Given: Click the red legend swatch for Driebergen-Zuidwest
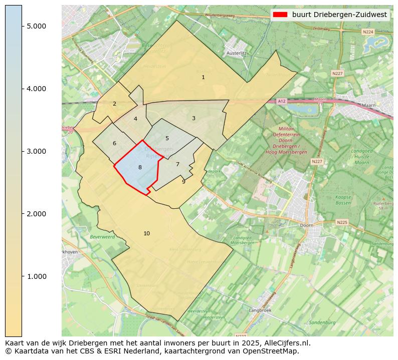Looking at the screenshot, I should pos(280,15).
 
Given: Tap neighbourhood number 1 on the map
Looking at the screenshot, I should pos(203,77).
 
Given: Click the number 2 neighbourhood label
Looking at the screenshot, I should pos(114,104).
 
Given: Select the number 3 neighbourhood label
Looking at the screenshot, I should pos(193,118).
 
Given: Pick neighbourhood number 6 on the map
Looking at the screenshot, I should pos(114,143).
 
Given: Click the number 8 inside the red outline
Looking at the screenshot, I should pos(140,167).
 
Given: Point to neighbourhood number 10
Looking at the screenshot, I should pos(146,233).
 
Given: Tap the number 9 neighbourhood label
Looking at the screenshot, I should pos(183,182).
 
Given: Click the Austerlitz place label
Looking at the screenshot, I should pos(236,53).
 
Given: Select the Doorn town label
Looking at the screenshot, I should pos(307,226).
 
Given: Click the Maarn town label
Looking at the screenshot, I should pos(368,106).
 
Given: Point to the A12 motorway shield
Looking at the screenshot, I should pos(282,101).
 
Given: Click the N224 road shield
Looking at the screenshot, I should pos(368,32).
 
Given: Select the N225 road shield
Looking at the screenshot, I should pos(342,222).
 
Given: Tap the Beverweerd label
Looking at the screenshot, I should pos(102,236).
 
